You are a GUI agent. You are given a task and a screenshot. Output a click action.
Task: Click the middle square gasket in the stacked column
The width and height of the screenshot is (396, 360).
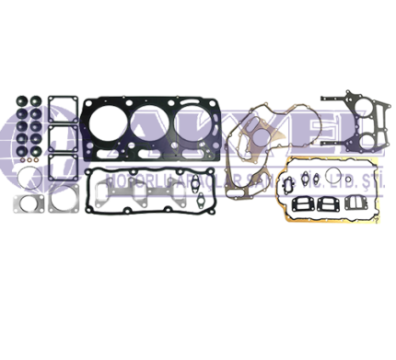(62, 141)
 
